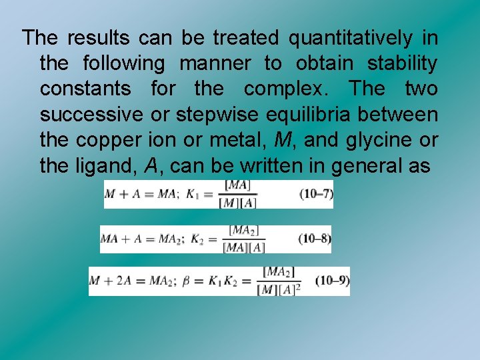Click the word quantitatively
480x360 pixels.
coord(350,38)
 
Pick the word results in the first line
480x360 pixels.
coord(97,38)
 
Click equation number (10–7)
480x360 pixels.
coord(316,194)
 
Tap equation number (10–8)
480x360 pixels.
coord(314,239)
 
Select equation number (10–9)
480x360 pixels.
coord(332,281)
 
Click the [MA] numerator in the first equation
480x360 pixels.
coord(238,185)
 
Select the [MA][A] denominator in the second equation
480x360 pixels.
coord(244,247)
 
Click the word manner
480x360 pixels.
coord(215,63)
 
